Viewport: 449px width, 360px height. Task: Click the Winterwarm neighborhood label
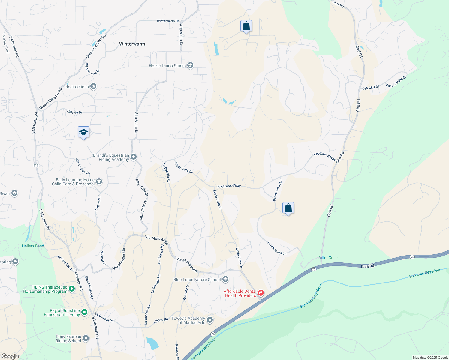coord(132,44)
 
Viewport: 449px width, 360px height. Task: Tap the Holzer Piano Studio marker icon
coord(190,65)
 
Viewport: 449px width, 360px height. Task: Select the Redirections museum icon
coord(93,87)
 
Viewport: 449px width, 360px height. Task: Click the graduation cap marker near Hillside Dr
coord(83,132)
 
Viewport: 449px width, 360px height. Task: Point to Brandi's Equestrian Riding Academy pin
coord(134,157)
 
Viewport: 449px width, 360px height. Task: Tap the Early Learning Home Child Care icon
coord(99,181)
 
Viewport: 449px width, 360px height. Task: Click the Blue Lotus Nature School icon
coord(225,280)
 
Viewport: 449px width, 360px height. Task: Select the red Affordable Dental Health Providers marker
coord(261,293)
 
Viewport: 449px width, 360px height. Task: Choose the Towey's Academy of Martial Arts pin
coord(210,320)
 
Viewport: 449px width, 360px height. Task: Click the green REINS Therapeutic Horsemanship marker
coord(72,289)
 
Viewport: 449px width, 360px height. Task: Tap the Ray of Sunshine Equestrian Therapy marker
coord(84,312)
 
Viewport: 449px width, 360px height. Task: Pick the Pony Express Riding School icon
coord(86,338)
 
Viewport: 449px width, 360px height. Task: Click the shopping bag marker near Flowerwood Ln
coord(288,208)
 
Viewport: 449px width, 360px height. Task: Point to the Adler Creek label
coord(328,258)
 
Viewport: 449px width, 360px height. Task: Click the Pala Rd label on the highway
coord(367,266)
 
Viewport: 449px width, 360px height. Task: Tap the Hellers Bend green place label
coord(33,246)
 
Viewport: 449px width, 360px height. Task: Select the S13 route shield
coord(36,165)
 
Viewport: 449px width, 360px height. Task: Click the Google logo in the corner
coord(10,356)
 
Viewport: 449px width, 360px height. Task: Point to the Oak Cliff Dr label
coord(371,88)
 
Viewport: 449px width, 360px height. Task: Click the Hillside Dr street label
coord(75,112)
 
